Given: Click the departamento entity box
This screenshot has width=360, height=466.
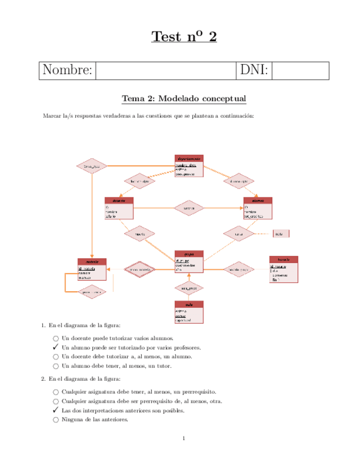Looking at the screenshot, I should tap(189, 166).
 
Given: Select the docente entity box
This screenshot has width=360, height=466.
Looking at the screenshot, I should tap(119, 209).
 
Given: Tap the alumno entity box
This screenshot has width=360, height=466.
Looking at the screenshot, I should tap(258, 209).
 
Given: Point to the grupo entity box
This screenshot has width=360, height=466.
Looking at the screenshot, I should tap(189, 263).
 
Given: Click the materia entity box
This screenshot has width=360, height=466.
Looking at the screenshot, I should tap(92, 270).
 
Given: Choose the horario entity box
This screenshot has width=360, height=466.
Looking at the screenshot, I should tap(284, 269).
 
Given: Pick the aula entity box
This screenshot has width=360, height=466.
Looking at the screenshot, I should tap(189, 312).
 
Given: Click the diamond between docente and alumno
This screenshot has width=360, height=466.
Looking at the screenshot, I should tap(189, 208).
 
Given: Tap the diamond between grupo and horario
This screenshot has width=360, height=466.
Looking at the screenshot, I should tap(239, 269).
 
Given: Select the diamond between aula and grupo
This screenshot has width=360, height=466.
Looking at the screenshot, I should tap(189, 287).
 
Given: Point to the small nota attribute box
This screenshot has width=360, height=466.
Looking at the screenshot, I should tap(281, 234).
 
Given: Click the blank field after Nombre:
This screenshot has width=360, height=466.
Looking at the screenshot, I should tap(165, 71).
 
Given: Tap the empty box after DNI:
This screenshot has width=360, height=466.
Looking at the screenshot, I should tap(300, 71).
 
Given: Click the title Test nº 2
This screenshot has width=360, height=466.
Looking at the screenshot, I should tap(184, 37).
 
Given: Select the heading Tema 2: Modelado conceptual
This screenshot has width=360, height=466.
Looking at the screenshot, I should tap(184, 99).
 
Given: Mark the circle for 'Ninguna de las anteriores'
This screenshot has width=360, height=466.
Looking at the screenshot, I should tap(56, 420).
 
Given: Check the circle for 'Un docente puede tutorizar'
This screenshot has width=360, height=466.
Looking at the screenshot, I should tap(56, 339).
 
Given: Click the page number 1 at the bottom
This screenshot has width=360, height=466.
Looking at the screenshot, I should tap(184, 438).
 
